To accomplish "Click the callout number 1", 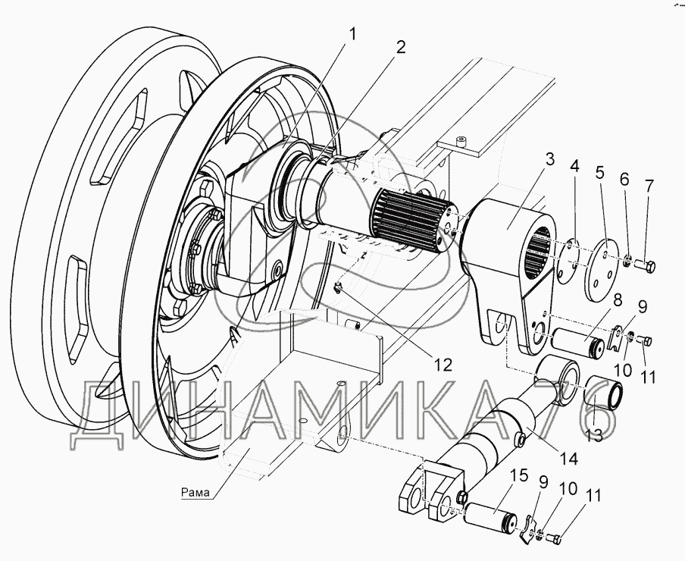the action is click(x=352, y=33).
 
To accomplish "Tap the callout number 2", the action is click(x=401, y=46).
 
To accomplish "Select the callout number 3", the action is click(x=550, y=161).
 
